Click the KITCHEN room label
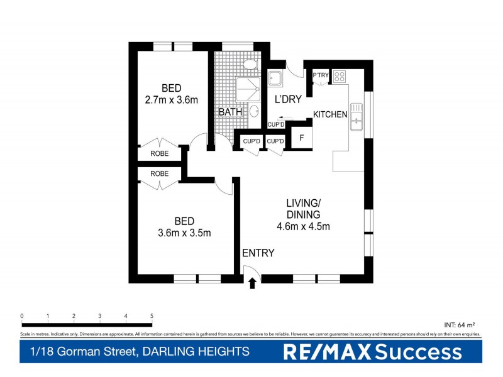coord(331,114)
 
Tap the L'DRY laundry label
coord(288,99)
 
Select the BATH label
coord(230,112)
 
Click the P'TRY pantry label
coord(321,76)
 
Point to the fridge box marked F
coord(302,138)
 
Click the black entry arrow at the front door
coord(252,283)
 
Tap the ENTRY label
coord(258,253)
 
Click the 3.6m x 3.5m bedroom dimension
coord(184,233)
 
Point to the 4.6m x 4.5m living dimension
coord(304,227)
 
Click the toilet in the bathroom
coord(250,65)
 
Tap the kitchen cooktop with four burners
coord(339,77)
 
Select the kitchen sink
coord(356,116)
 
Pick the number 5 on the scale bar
coord(152,315)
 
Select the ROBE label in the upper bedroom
coord(160,153)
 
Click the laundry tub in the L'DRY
coord(275,79)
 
